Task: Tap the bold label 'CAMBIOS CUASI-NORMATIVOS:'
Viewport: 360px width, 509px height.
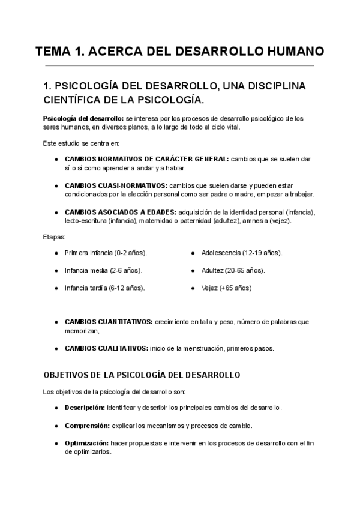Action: [116, 185]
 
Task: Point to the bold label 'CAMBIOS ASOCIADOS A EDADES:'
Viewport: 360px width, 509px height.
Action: [121, 212]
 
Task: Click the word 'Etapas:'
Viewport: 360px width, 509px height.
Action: [55, 238]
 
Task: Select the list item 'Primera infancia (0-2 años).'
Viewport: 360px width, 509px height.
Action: [106, 253]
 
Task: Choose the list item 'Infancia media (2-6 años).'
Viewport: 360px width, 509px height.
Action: [103, 270]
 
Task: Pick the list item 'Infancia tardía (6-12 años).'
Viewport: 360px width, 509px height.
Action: [104, 288]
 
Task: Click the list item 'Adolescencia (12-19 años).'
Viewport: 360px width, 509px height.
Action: [242, 253]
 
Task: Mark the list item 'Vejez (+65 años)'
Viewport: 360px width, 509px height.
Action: [226, 288]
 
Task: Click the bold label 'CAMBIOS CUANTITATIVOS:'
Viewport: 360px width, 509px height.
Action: [109, 322]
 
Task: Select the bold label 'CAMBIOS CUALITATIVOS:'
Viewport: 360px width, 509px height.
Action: [106, 348]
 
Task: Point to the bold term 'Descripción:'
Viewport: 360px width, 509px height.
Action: [84, 408]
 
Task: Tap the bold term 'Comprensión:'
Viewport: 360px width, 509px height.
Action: [86, 426]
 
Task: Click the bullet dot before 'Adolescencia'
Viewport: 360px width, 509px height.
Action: [193, 253]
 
